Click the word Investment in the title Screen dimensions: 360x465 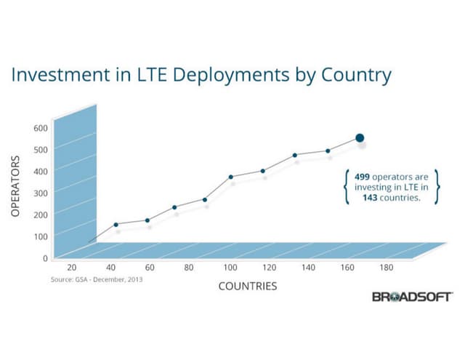[60, 75]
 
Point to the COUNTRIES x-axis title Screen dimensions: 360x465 [248, 286]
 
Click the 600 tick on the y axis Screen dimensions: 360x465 [41, 128]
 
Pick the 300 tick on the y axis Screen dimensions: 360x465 [41, 193]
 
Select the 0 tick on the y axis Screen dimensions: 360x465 [45, 257]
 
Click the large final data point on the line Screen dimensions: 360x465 [360, 138]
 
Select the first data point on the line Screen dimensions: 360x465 [116, 224]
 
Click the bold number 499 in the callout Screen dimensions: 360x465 [363, 177]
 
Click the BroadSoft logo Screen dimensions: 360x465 [412, 297]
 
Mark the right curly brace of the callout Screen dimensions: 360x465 [436, 187]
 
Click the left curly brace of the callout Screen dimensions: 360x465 [346, 187]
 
